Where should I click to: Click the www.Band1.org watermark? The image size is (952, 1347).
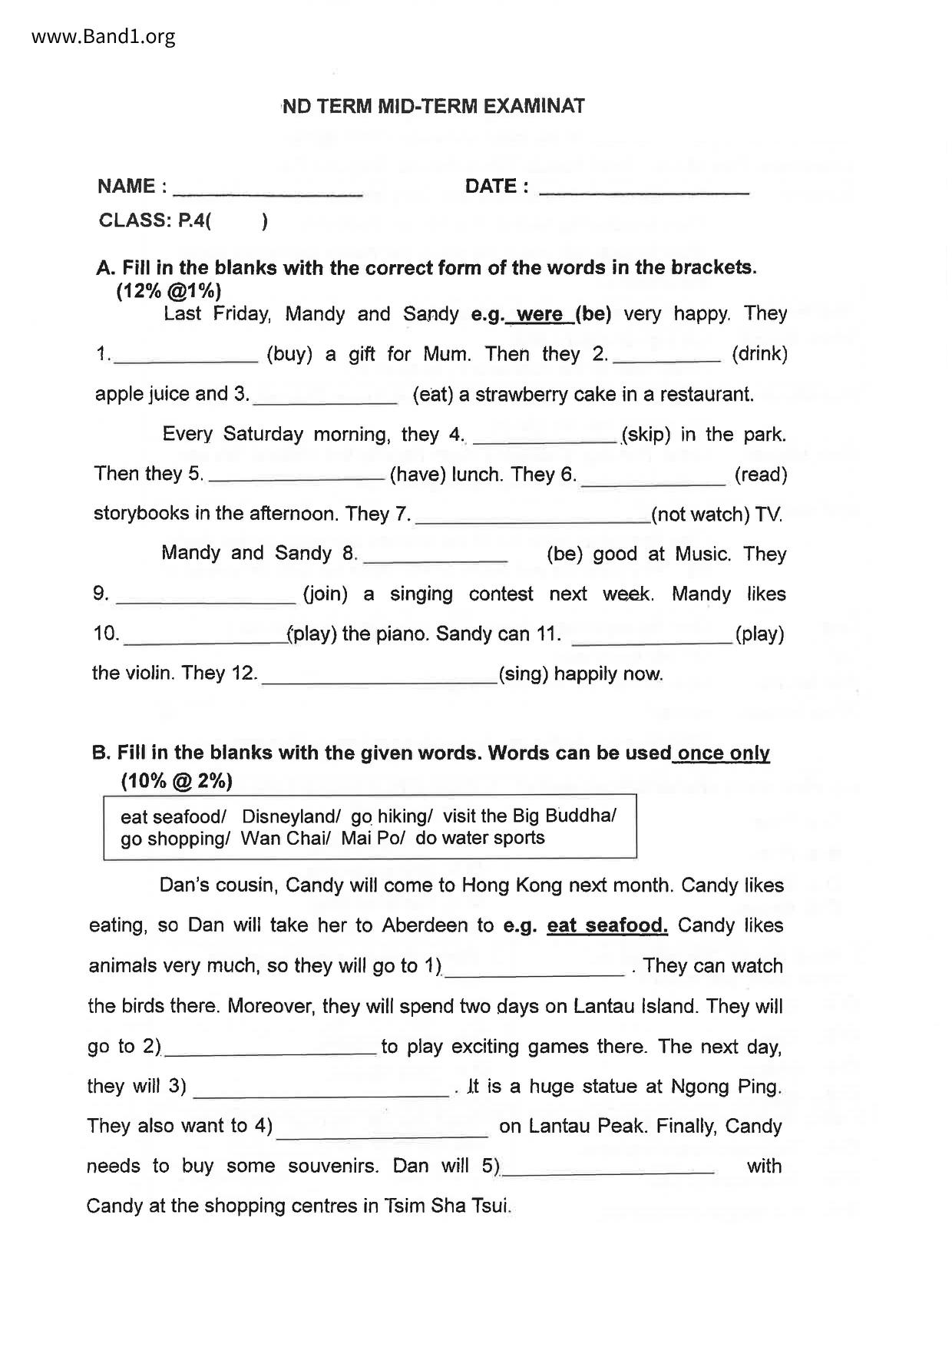point(104,36)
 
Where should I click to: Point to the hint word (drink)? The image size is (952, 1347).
point(759,354)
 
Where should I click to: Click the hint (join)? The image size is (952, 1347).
point(326,594)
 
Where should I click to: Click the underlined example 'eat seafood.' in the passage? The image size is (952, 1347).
point(607,925)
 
